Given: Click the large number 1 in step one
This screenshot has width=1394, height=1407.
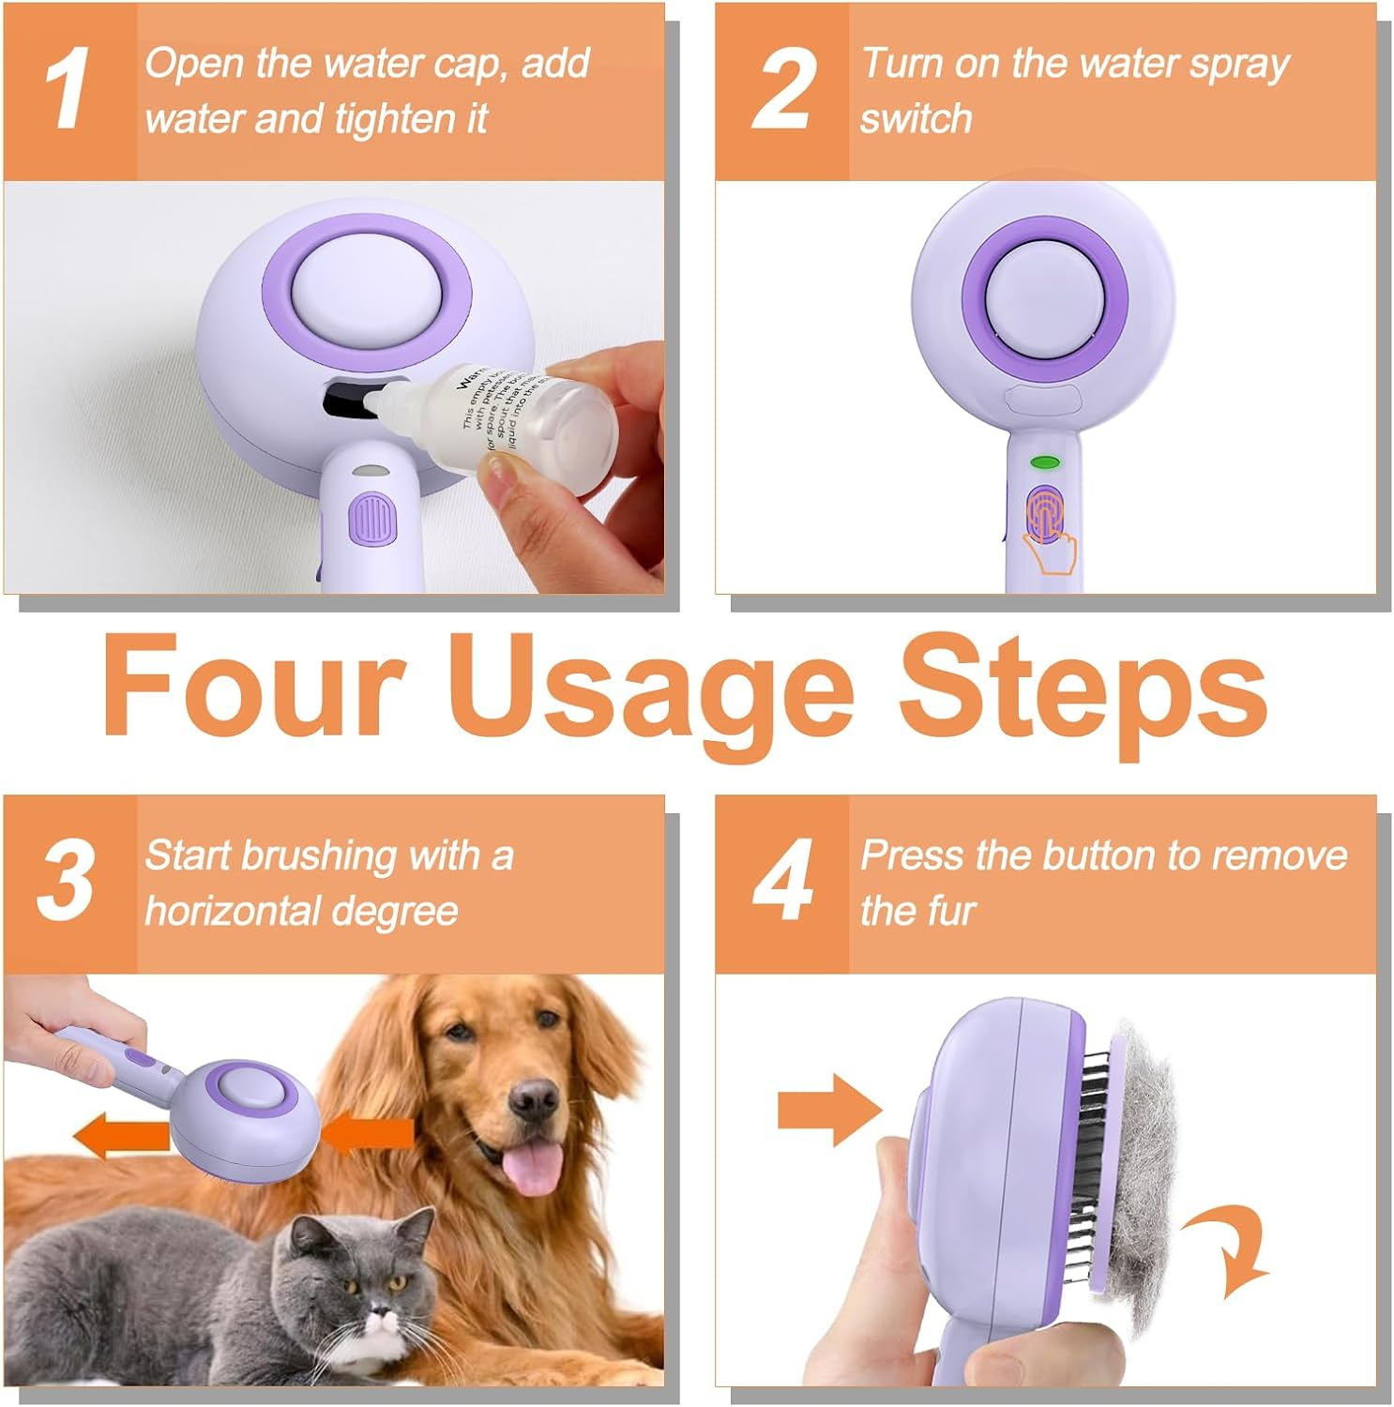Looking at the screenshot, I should click(68, 90).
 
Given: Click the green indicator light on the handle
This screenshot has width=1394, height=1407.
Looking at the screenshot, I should click(1044, 462).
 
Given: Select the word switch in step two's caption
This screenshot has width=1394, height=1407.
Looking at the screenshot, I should click(916, 119).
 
